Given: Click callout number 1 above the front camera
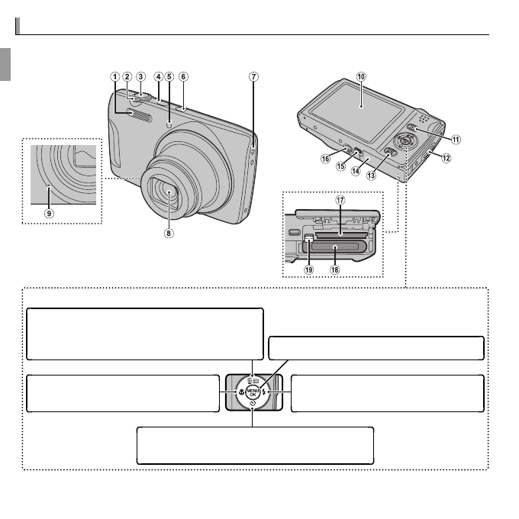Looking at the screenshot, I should pos(114,76).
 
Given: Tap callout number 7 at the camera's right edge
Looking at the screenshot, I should pos(253,76).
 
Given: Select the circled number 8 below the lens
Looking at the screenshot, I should pos(169,234).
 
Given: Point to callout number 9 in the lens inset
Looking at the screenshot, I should pos(49,214).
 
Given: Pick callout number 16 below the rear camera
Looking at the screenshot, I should pos(324,159).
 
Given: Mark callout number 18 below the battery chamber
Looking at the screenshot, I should pos(334,269).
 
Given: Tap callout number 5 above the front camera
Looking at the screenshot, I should pos(169,76).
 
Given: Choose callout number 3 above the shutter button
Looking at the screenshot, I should pos(140,76).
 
